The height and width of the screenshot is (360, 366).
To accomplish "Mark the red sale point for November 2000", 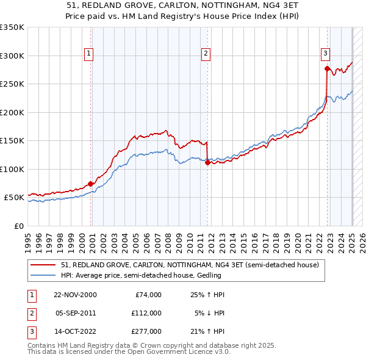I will point(91,184).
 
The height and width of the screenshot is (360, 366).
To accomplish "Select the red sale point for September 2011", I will point(208,163).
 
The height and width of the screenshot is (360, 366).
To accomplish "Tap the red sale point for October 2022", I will point(328,69).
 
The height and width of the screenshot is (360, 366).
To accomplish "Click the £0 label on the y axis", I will point(18,226).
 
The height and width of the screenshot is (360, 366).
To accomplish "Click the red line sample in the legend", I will point(43,265).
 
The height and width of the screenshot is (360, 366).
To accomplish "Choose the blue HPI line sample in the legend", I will point(43,275).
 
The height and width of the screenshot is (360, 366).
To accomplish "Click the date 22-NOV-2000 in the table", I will point(75,295).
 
